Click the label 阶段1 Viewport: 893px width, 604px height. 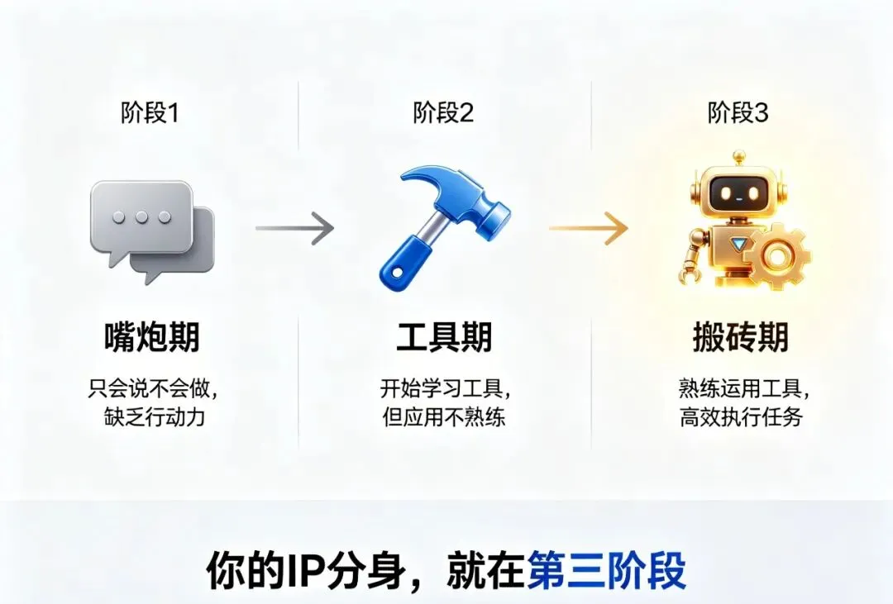click(150, 113)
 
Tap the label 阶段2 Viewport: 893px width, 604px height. click(444, 113)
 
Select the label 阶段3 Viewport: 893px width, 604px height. click(738, 113)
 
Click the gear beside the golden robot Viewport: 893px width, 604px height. click(776, 255)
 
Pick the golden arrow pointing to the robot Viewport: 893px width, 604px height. click(588, 227)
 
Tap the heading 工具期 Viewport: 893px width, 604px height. click(444, 337)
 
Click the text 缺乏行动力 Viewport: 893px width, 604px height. click(150, 416)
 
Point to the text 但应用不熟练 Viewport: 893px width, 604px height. click(444, 416)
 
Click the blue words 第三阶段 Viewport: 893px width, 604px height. click(607, 571)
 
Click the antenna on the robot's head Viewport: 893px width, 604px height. click(739, 156)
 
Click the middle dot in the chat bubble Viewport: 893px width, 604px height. click(141, 216)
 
